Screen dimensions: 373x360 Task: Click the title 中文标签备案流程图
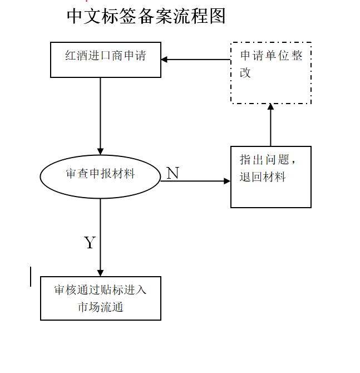146,16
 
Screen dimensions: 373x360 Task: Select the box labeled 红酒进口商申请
106,60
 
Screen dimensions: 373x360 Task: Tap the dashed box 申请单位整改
271,73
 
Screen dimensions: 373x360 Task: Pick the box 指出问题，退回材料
271,177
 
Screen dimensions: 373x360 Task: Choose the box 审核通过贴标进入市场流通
101,298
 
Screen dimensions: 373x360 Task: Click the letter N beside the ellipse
172,173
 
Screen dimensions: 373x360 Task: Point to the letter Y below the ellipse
89,243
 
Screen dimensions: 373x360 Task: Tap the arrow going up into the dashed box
271,125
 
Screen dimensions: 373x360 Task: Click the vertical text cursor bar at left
31,277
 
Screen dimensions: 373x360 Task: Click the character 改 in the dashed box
245,73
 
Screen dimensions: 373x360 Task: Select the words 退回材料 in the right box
263,178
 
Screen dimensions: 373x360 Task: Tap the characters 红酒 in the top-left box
76,56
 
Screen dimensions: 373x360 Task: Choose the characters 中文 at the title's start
82,16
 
